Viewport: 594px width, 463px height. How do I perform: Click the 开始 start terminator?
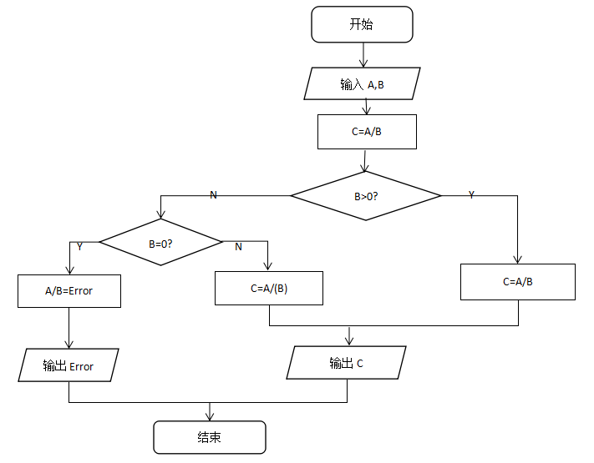[362, 24]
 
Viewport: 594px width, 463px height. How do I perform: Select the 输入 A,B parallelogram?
[362, 84]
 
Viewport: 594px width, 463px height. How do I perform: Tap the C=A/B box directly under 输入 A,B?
[367, 132]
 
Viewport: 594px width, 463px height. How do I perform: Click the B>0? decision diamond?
[365, 196]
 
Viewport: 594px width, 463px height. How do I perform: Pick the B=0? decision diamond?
[160, 243]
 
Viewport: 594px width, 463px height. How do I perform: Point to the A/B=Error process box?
[69, 291]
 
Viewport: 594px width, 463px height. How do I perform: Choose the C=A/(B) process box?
[269, 289]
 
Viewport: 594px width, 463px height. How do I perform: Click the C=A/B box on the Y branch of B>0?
[518, 282]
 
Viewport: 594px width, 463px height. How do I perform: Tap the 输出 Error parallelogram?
[69, 365]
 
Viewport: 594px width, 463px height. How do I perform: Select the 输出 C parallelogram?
[346, 363]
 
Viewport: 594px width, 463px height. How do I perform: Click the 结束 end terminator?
[209, 437]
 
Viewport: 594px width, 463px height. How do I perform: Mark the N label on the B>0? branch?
[213, 194]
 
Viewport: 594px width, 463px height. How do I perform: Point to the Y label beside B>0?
[471, 194]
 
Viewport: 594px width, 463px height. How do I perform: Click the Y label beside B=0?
[79, 247]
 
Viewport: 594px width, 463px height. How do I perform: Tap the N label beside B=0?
[238, 247]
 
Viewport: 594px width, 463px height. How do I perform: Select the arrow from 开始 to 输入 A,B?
[363, 55]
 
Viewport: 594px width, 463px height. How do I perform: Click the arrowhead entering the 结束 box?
[209, 416]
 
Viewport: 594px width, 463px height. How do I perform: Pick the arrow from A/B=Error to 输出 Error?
[69, 328]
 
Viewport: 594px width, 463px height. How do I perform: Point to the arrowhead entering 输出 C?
[349, 340]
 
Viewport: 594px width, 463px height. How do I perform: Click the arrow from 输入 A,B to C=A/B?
[367, 108]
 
